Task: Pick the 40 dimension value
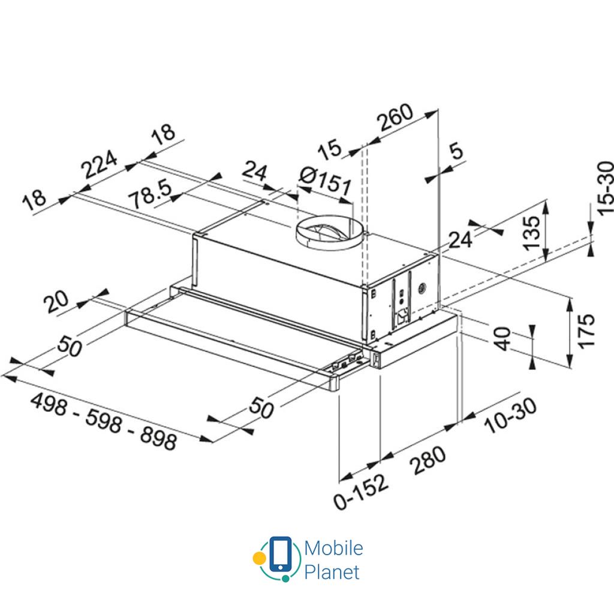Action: (502, 339)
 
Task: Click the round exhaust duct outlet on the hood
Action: (329, 231)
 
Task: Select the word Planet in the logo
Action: (332, 571)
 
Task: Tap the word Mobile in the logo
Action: (333, 548)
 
